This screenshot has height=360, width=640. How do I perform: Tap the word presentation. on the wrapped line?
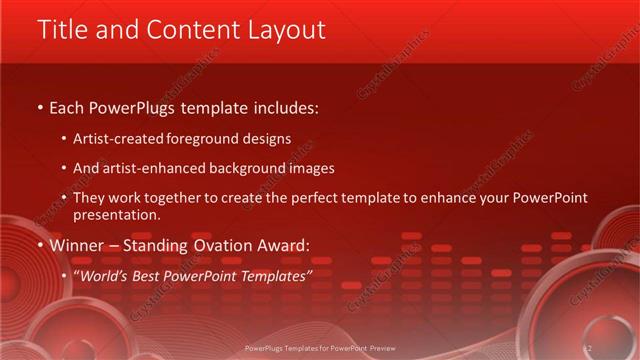pyautogui.click(x=116, y=214)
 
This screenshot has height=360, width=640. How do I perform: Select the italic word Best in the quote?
pyautogui.click(x=157, y=274)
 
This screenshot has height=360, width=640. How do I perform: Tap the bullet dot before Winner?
pyautogui.click(x=39, y=245)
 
